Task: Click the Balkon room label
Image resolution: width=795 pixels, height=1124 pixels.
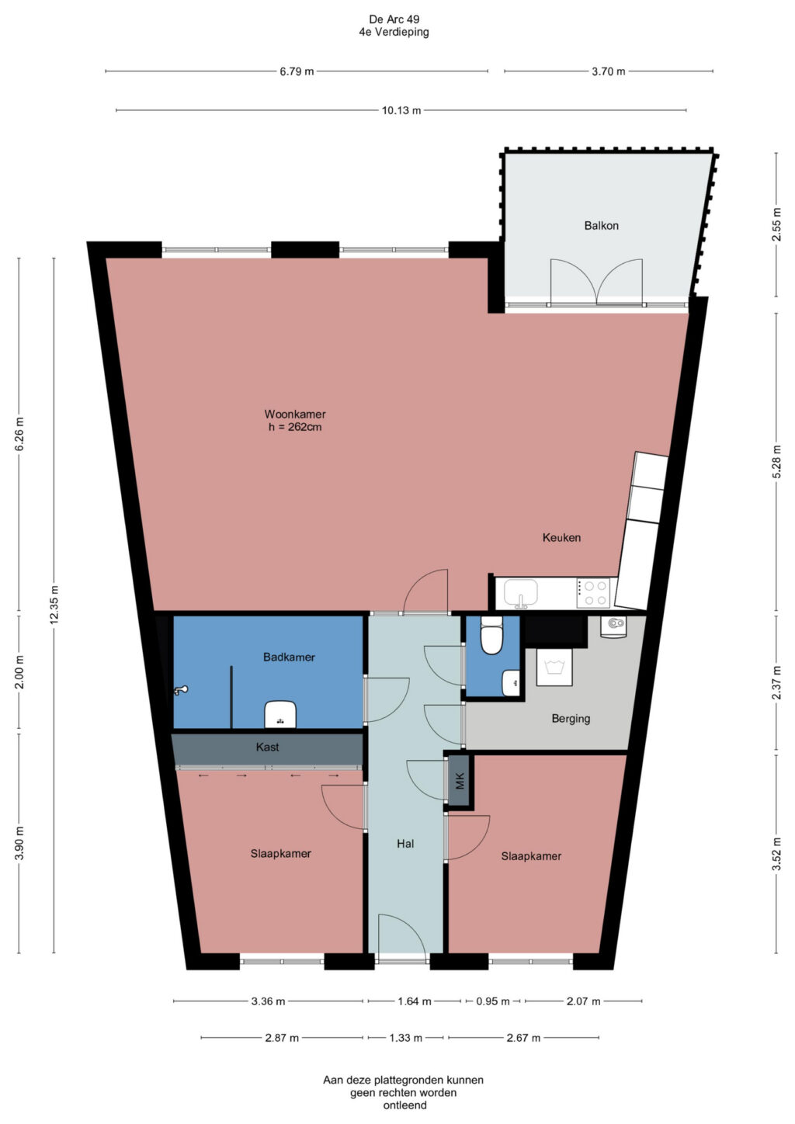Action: tap(601, 225)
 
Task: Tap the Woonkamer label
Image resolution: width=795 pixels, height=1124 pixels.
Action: tap(294, 414)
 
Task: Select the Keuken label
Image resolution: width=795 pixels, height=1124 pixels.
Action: tap(561, 537)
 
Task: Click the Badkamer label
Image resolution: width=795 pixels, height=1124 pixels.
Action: tap(289, 657)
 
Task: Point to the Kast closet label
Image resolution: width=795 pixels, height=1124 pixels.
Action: tap(267, 747)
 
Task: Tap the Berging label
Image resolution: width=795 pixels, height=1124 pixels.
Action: tap(571, 719)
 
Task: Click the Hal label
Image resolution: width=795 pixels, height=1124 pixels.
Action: tap(405, 844)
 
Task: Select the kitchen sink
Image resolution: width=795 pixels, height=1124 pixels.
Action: tap(520, 592)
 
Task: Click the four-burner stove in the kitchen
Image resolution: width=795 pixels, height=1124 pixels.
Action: tap(592, 592)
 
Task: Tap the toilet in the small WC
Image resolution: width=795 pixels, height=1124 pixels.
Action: tap(491, 635)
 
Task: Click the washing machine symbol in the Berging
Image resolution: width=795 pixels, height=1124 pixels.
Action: tap(554, 667)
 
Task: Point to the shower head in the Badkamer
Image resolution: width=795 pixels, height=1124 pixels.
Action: tap(181, 690)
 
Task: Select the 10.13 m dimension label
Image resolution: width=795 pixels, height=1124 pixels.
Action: tap(401, 110)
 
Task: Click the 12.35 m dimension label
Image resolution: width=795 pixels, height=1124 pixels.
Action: tap(54, 605)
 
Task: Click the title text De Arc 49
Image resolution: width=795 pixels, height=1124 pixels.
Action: tap(394, 19)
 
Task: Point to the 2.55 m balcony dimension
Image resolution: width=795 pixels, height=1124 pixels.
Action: tap(776, 224)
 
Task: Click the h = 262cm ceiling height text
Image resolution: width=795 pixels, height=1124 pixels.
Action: tap(294, 427)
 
